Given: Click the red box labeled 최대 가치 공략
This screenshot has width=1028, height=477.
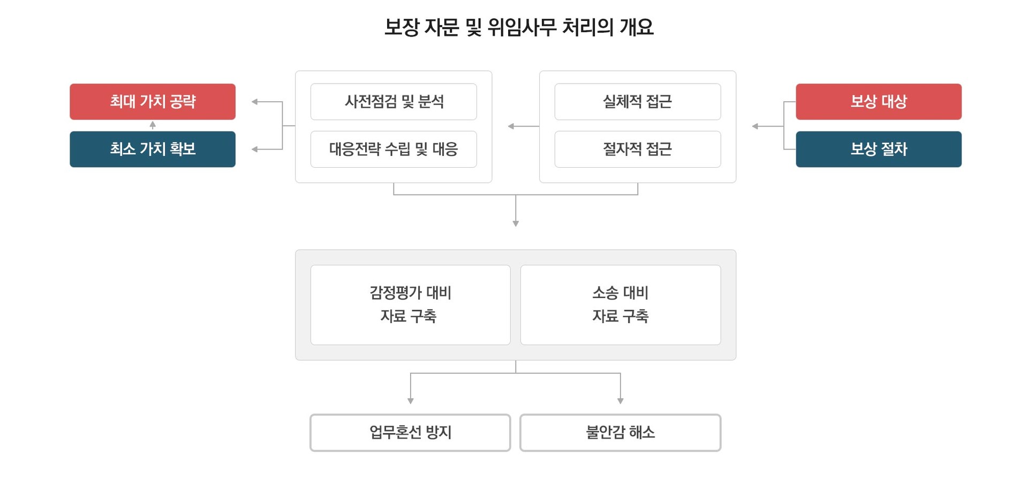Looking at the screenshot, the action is (153, 101).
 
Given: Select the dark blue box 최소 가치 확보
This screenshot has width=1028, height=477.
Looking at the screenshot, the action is (153, 149).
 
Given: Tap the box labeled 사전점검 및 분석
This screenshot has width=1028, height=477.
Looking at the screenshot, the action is (394, 101).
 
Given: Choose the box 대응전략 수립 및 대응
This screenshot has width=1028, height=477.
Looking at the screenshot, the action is (394, 149).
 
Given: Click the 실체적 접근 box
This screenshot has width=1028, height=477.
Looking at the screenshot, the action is (638, 101).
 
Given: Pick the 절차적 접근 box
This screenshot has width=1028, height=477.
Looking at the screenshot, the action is (638, 149).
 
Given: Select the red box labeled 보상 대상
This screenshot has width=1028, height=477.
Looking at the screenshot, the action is (879, 101).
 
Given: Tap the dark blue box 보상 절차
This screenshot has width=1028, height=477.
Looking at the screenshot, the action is (879, 149).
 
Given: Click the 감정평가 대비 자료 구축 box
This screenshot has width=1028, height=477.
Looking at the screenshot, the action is (411, 304).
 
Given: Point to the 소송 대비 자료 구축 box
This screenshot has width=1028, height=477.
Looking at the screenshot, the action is (621, 304).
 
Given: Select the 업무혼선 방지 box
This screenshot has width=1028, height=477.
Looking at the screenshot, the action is (410, 433).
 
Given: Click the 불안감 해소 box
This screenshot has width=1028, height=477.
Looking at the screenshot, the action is (621, 433).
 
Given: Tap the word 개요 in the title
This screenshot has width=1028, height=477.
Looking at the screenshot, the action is (637, 27).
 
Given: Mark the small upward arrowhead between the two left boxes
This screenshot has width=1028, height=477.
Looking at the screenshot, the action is (153, 125).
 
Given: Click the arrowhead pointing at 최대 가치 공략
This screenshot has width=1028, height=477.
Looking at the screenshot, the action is (255, 101).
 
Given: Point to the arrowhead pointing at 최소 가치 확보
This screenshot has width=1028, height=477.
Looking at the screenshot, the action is (255, 149).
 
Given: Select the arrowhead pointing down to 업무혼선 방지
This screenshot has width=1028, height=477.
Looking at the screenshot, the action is (411, 401).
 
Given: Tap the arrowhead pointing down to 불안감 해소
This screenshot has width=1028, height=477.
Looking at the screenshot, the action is (621, 401).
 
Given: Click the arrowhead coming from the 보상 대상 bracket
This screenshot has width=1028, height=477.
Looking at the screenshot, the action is (755, 126).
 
